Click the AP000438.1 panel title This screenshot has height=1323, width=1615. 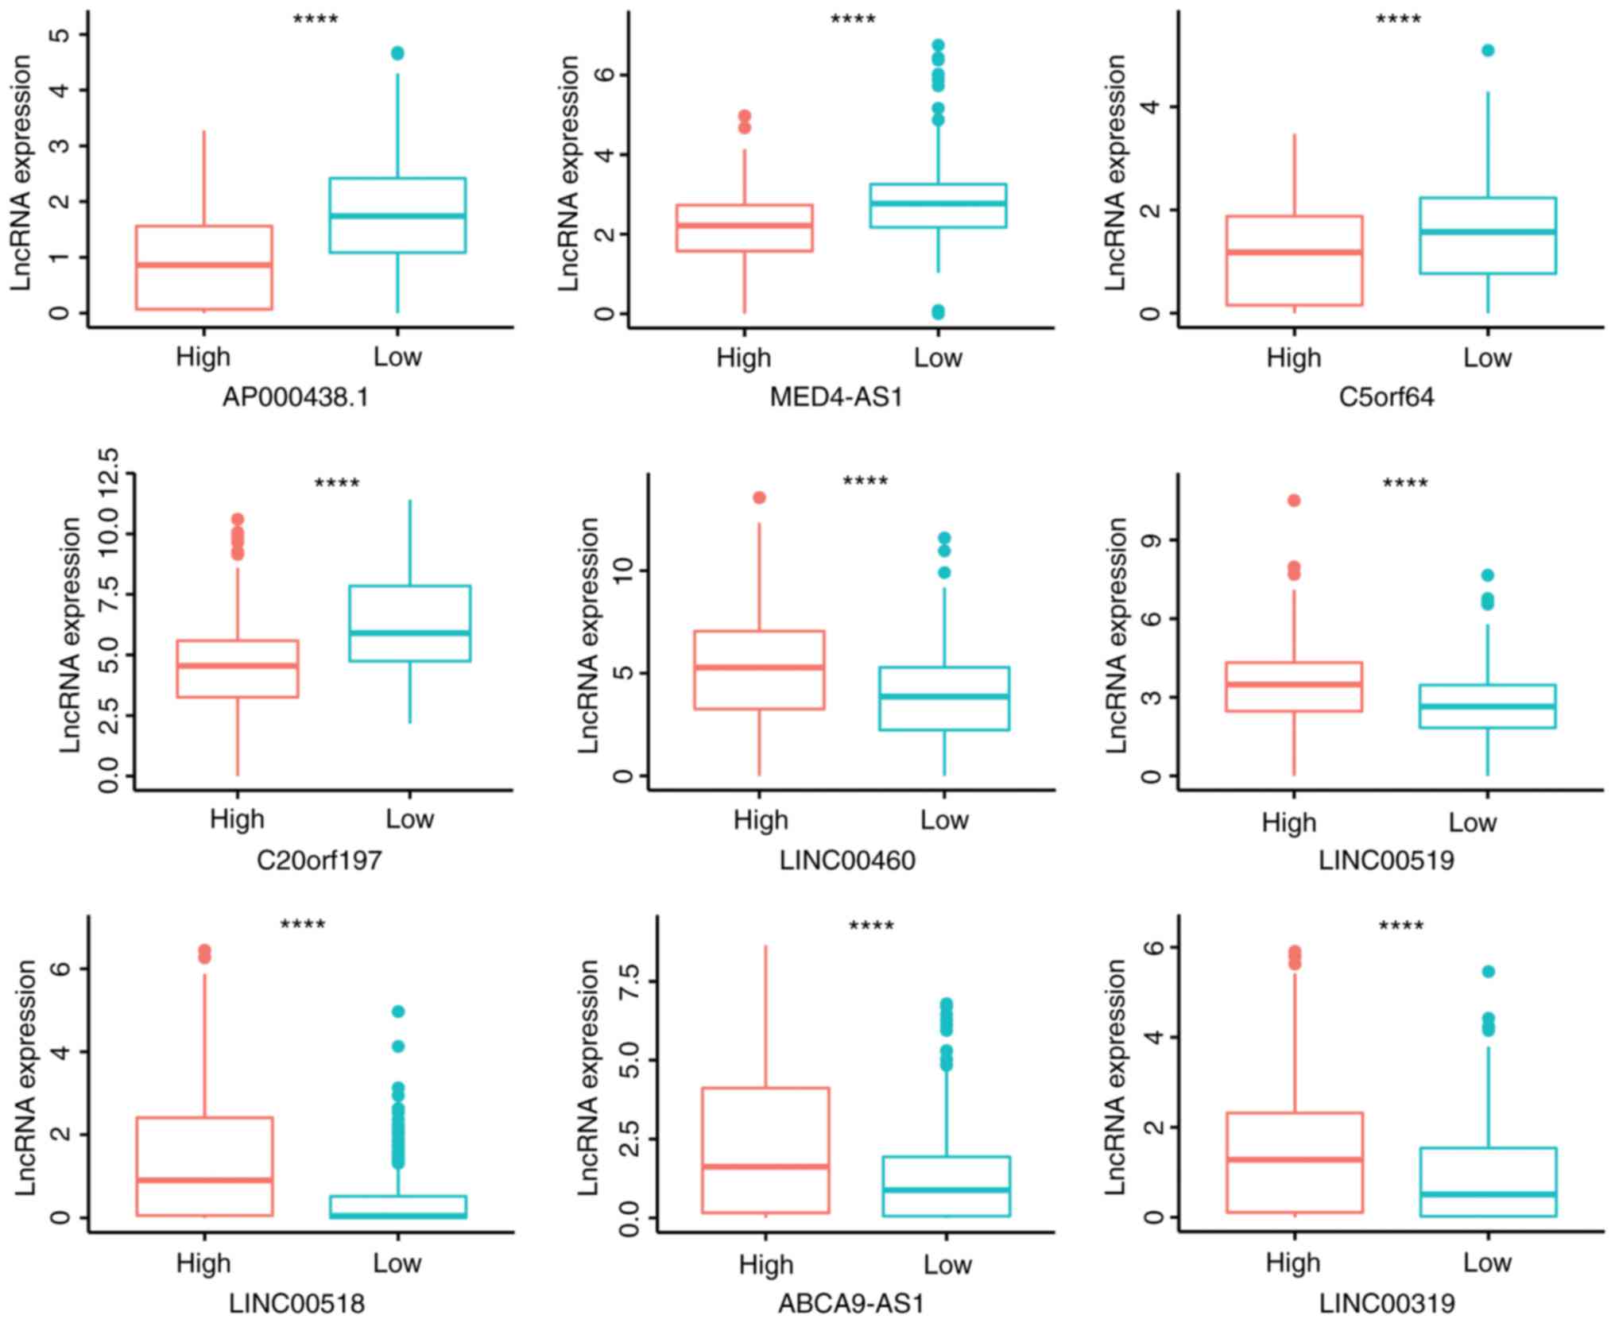tap(296, 397)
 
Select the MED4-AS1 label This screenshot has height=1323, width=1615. tap(836, 397)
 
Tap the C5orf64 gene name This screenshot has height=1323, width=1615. tap(1386, 397)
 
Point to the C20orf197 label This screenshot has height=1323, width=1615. tap(319, 860)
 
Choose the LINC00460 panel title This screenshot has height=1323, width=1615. tap(847, 860)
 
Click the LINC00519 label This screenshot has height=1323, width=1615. tap(1386, 860)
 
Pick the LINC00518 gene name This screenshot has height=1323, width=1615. tap(296, 1304)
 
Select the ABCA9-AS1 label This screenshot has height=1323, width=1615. tap(850, 1304)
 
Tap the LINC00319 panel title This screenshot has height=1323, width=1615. tap(1387, 1304)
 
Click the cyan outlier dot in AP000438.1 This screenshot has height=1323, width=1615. tap(397, 53)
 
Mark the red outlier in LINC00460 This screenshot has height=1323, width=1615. tap(759, 497)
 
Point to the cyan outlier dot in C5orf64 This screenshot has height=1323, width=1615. tap(1488, 51)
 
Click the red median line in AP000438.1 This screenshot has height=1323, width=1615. tap(204, 265)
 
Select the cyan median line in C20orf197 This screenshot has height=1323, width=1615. tap(409, 633)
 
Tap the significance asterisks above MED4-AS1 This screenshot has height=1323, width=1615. tap(853, 19)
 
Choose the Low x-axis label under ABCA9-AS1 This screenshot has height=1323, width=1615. tap(947, 1264)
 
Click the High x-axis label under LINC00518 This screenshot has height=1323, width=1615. tap(203, 1263)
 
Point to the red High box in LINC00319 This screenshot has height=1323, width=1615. tap(1294, 1162)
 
